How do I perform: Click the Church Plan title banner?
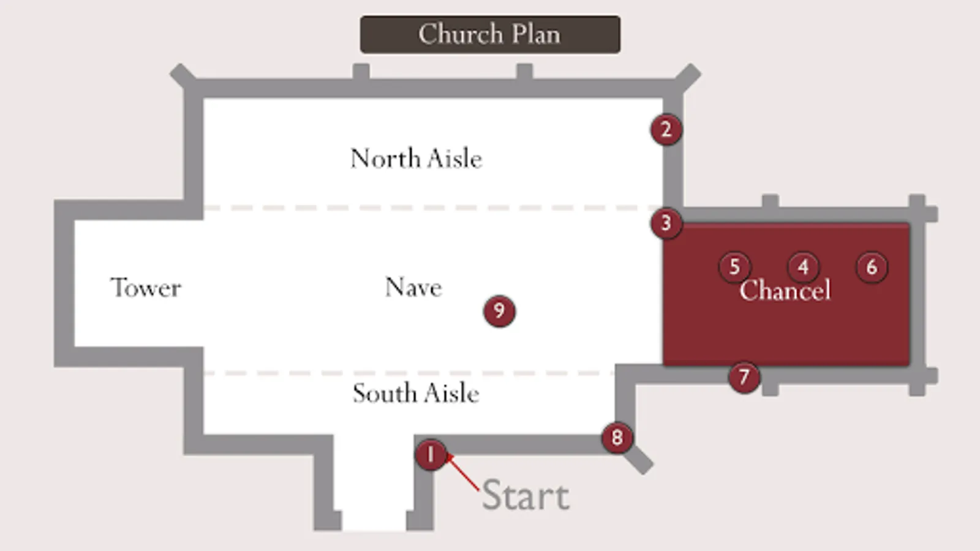(x=490, y=34)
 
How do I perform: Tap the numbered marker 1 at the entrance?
(x=431, y=455)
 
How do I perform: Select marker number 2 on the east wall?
(x=666, y=130)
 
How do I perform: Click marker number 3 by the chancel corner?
(x=666, y=223)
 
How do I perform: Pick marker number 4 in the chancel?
(x=803, y=267)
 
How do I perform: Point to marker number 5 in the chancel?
(x=735, y=267)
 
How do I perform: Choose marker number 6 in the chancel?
(x=872, y=267)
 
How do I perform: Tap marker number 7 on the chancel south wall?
(x=744, y=377)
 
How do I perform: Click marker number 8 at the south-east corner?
(x=617, y=437)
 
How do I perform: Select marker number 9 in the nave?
(x=499, y=311)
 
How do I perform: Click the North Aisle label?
(x=416, y=158)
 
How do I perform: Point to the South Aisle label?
(x=416, y=392)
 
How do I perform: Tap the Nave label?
(x=413, y=287)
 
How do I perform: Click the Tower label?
(x=146, y=288)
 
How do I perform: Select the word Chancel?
(x=785, y=290)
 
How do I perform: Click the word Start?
(x=526, y=495)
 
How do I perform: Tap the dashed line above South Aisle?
(x=409, y=373)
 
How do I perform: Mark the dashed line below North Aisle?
(x=433, y=208)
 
